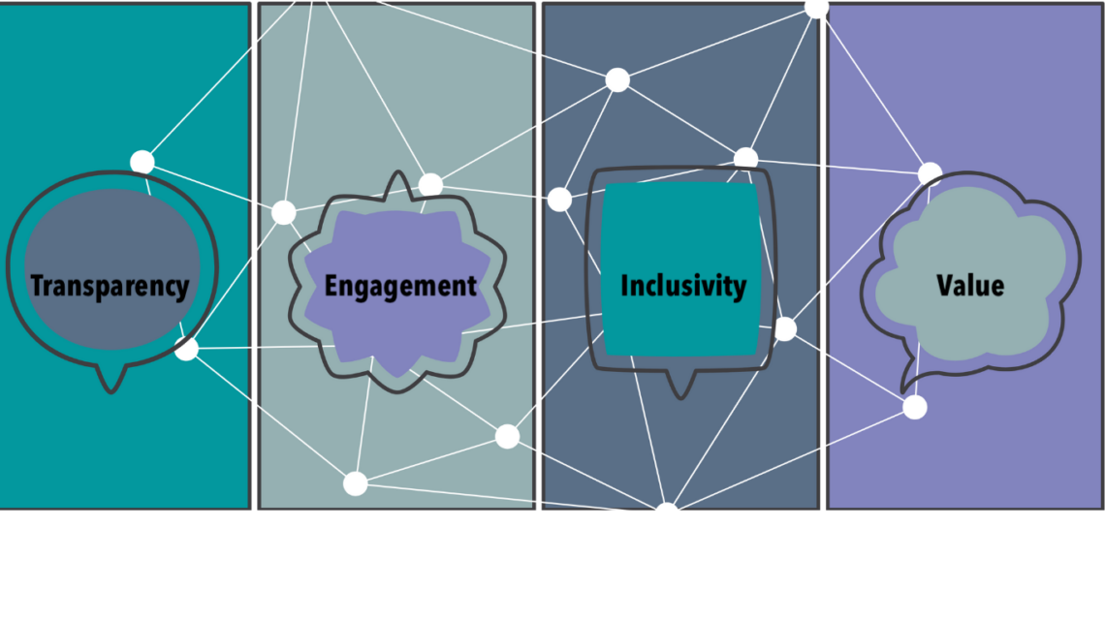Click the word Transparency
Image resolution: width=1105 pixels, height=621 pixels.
pos(110,287)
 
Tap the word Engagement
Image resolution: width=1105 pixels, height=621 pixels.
pos(400,287)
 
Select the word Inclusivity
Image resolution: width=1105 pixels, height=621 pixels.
pos(683,287)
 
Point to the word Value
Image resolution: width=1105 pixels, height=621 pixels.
pos(970,285)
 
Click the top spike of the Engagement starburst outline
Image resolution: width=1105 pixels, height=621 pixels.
pos(398,179)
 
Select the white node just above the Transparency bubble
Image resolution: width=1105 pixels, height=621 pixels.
pos(142,162)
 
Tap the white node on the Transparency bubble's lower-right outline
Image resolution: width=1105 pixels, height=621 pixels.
pos(187,349)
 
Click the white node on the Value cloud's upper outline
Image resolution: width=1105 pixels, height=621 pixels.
pos(931,173)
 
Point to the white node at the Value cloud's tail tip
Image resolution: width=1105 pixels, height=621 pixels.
pos(915,407)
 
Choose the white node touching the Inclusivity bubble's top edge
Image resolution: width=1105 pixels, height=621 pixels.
pos(745,159)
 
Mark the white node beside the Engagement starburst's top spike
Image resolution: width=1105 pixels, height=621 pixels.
pos(430,185)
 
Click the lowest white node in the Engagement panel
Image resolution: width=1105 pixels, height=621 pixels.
pos(355,483)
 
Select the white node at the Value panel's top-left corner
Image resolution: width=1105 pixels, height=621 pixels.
pos(817,9)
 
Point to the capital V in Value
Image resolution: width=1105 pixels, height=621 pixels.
pos(945,285)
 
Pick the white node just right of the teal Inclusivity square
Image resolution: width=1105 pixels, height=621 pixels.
pos(785,328)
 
